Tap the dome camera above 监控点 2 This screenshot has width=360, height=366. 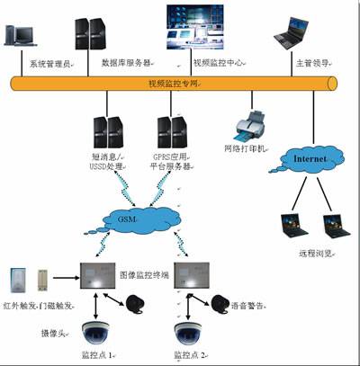192,332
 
